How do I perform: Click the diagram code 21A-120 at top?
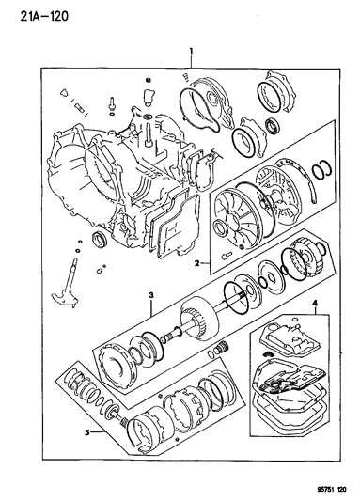coord(44,16)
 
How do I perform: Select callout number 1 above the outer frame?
coord(191,51)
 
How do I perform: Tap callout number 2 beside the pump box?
coord(197,263)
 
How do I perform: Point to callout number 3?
coord(151,294)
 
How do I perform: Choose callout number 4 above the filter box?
coord(315,303)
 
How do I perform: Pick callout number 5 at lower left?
coord(86,432)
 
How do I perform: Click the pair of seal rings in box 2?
coord(321,167)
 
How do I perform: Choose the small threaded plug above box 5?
coord(223,347)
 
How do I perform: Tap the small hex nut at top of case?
coord(148,80)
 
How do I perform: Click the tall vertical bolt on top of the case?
coord(149,136)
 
